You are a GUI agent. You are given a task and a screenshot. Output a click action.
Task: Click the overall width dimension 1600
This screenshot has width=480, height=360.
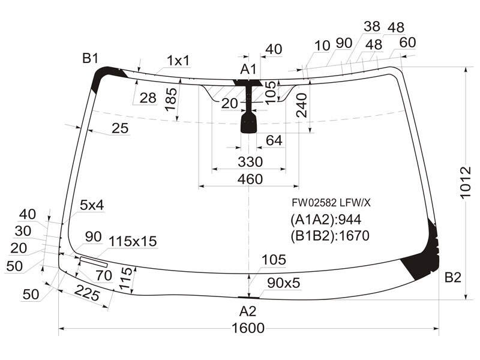(248, 328)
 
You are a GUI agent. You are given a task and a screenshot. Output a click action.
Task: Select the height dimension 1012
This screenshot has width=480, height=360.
(466, 182)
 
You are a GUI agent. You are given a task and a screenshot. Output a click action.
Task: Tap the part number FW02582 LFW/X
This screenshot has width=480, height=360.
(331, 203)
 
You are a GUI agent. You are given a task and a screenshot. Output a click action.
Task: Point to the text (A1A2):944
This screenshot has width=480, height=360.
(326, 220)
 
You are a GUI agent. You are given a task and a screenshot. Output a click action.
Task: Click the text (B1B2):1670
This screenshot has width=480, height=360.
(329, 235)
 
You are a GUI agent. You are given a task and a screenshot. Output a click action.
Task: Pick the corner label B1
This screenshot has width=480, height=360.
(90, 58)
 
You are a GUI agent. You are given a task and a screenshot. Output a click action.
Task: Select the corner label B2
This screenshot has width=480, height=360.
(453, 277)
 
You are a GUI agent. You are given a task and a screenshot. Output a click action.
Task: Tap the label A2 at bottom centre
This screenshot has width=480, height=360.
(248, 311)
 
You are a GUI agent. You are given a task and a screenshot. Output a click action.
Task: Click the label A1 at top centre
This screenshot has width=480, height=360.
(248, 69)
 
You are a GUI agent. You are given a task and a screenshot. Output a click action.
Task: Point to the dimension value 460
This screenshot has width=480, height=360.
(250, 179)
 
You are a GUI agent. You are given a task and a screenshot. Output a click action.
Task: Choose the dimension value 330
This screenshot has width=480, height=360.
(250, 161)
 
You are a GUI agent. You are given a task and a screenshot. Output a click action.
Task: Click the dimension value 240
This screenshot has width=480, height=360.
(302, 106)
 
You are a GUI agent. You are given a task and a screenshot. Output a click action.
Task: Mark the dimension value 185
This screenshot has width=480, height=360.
(171, 100)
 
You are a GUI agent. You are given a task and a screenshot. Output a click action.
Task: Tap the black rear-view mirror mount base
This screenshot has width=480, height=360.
(249, 122)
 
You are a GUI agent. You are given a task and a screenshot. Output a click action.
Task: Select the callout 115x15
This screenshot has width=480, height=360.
(133, 241)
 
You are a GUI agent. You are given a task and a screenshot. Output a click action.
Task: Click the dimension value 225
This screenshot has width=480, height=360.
(87, 293)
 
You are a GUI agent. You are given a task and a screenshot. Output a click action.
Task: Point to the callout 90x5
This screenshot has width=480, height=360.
(283, 283)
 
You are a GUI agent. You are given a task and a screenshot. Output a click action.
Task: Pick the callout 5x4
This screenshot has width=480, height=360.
(92, 205)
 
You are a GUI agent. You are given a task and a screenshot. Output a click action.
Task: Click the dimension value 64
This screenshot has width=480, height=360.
(274, 140)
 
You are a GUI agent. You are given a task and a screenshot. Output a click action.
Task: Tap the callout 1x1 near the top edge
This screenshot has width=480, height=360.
(178, 61)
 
